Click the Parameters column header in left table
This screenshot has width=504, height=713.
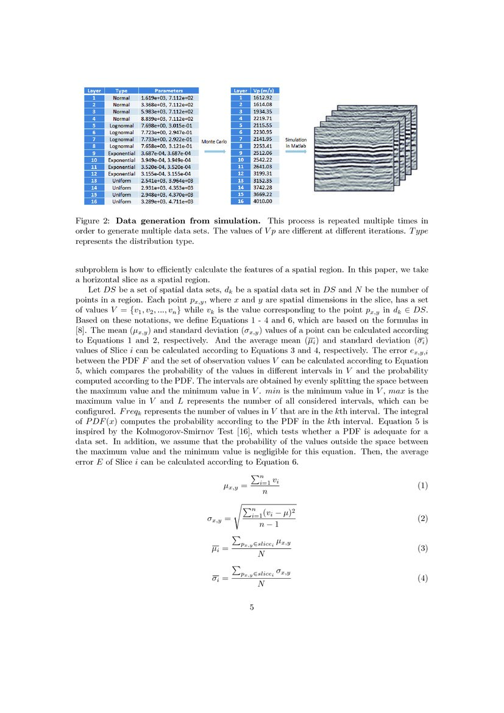(168, 90)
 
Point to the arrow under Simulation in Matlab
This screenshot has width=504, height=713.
(296, 152)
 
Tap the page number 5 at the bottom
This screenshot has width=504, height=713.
(252, 607)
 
